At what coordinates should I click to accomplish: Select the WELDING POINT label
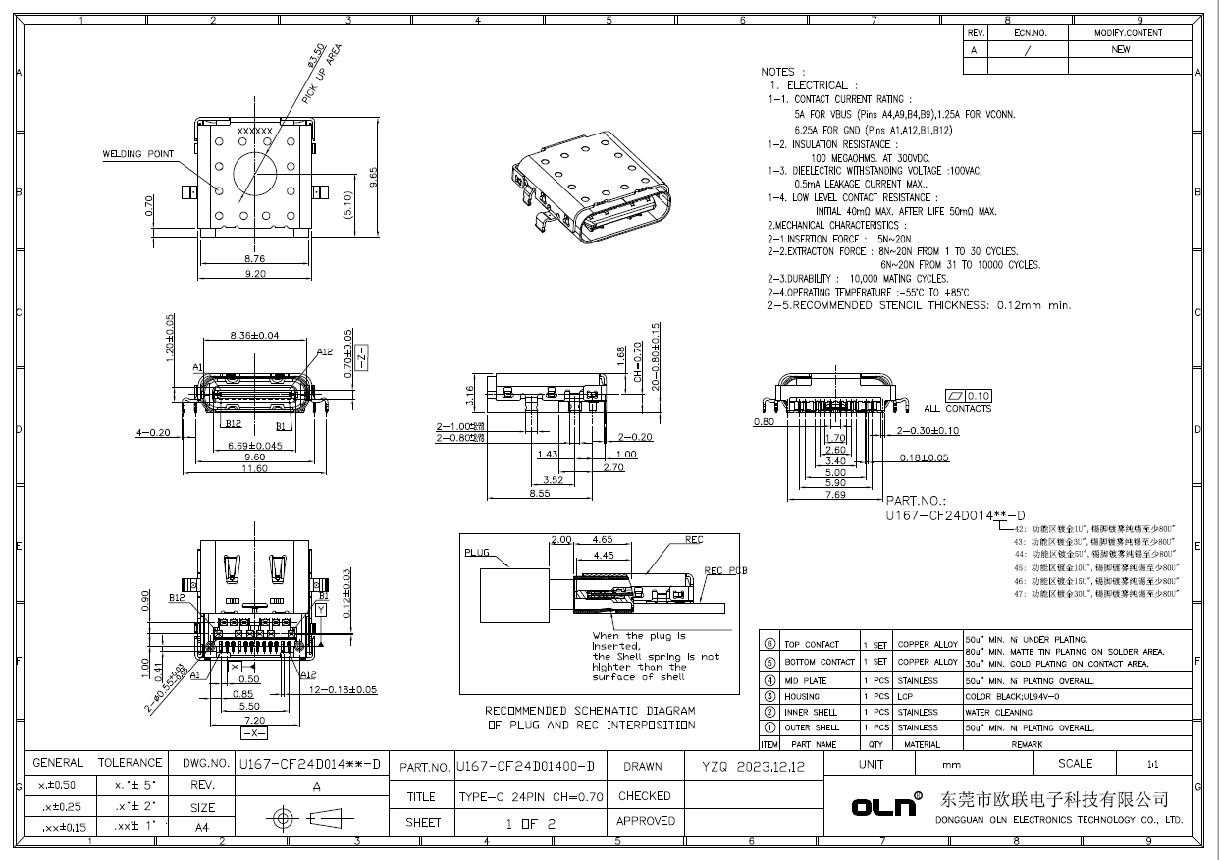pyautogui.click(x=138, y=154)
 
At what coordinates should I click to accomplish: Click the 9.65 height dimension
pyautogui.click(x=372, y=176)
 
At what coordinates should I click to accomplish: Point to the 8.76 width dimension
pyautogui.click(x=254, y=259)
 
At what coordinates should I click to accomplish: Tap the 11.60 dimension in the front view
pyautogui.click(x=254, y=468)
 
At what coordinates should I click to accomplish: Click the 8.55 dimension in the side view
pyautogui.click(x=540, y=494)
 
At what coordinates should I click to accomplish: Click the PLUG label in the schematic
pyautogui.click(x=476, y=553)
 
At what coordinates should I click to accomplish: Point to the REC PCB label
pyautogui.click(x=726, y=570)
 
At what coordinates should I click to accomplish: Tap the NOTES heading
pyautogui.click(x=783, y=72)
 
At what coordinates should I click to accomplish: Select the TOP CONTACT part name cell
pyautogui.click(x=812, y=644)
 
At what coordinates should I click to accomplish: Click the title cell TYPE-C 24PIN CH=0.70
pyautogui.click(x=531, y=796)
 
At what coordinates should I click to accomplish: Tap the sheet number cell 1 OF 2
pyautogui.click(x=531, y=823)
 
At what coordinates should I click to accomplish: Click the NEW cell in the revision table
pyautogui.click(x=1120, y=50)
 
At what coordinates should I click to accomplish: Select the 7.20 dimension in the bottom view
pyautogui.click(x=254, y=720)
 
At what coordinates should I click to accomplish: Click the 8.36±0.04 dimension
pyautogui.click(x=254, y=335)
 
